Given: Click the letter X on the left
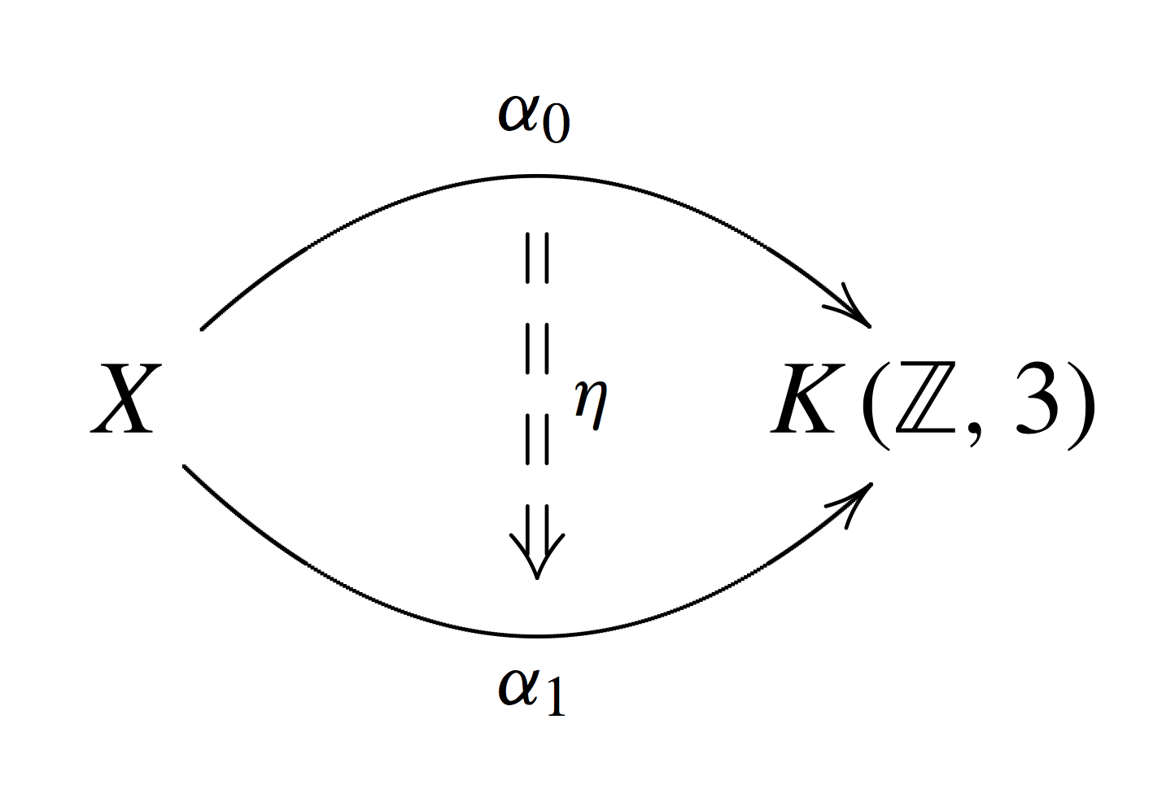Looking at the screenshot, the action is (x=126, y=399).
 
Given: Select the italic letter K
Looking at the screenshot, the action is (x=808, y=399).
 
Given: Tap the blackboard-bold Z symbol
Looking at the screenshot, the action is (x=925, y=398).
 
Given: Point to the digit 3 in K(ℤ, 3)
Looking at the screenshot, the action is (x=1036, y=398).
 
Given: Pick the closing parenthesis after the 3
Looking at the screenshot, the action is (x=1081, y=405).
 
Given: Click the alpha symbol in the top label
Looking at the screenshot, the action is (x=519, y=113).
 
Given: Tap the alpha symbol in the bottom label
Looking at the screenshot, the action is (x=519, y=686).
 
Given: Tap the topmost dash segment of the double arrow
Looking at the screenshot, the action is (x=537, y=258).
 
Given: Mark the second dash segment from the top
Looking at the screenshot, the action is (x=537, y=349).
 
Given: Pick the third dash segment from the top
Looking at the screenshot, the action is (x=537, y=440).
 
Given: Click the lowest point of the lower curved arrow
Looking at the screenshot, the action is (x=538, y=636).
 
